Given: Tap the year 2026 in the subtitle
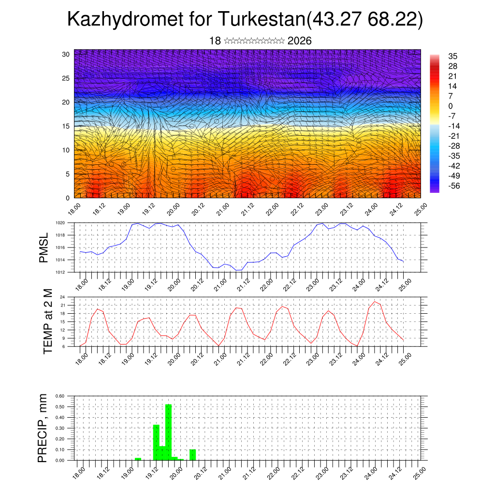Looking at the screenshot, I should pos(299,41).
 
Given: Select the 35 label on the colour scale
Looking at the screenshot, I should pos(453,56).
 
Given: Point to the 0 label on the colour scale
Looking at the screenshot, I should pos(451,106).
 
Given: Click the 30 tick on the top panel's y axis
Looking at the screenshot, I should pos(66,54).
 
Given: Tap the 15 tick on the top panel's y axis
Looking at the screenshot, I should pos(66,126).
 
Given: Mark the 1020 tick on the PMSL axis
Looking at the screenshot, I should pos(60,223).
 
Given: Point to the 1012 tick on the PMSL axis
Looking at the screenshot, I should pos(60,272).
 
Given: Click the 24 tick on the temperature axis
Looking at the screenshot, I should pos(63,297).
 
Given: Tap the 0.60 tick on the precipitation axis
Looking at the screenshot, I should pos(60,396).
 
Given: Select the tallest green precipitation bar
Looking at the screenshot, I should pos(168,432).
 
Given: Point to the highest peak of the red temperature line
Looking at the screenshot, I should pos(375,302).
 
